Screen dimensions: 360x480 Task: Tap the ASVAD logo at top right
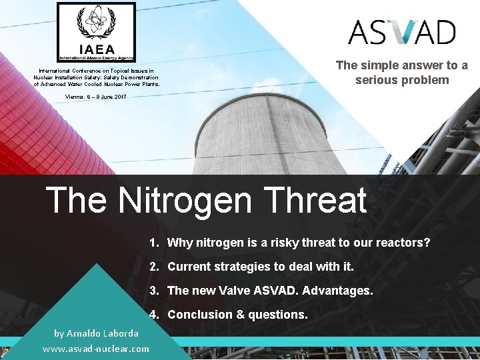(x=402, y=32)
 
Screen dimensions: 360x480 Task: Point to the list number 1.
(x=153, y=243)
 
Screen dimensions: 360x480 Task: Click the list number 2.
(x=153, y=267)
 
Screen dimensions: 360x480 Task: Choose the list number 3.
(x=153, y=291)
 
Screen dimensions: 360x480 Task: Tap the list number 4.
(x=153, y=315)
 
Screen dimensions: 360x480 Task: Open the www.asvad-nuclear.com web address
(x=96, y=349)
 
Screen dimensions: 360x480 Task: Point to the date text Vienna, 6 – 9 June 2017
(x=96, y=97)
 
